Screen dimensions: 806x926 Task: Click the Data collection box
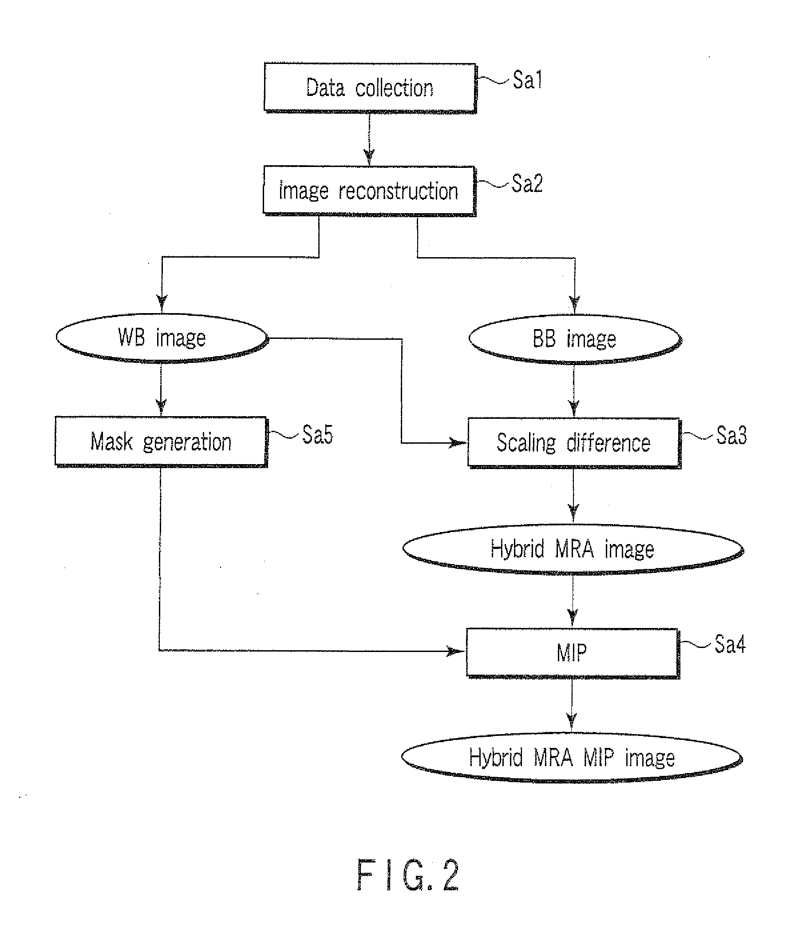click(370, 88)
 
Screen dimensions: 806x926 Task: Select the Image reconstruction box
click(369, 191)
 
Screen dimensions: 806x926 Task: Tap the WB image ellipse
click(162, 338)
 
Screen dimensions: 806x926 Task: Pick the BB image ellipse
click(575, 339)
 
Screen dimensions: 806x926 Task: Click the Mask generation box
click(161, 442)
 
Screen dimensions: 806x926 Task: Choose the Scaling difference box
click(574, 443)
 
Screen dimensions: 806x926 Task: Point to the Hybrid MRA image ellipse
click(573, 549)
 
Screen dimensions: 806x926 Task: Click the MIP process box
click(572, 653)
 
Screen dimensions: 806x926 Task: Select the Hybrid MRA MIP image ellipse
click(572, 758)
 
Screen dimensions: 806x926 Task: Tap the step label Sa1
click(527, 80)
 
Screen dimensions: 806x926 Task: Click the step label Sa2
click(527, 183)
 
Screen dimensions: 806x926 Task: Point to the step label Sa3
click(731, 435)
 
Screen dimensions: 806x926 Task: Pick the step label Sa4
click(730, 644)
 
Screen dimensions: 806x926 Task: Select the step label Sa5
click(317, 434)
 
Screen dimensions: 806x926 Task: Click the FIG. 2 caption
click(408, 875)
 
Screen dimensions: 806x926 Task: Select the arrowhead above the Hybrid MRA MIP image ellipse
click(572, 724)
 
